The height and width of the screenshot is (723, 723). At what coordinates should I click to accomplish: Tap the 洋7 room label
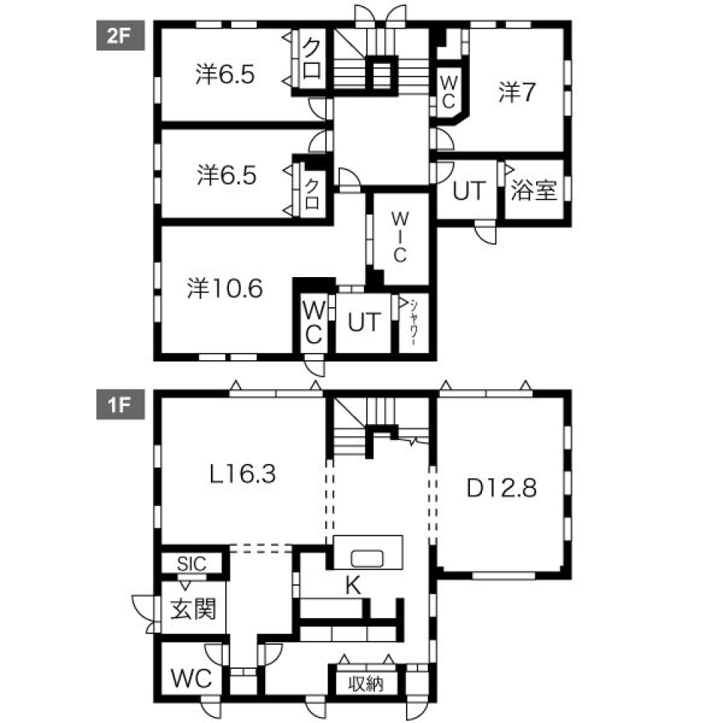[x=517, y=92]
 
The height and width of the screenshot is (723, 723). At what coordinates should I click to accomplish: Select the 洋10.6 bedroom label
[x=224, y=289]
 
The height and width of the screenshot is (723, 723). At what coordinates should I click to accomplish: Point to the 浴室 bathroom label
[x=534, y=191]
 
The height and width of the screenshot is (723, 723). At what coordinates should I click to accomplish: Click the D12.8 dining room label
[x=501, y=488]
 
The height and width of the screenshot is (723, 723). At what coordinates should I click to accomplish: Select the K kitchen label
[x=351, y=584]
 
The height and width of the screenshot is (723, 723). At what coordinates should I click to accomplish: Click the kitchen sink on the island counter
[x=368, y=558]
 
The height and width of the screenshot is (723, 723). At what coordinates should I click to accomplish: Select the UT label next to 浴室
[x=471, y=191]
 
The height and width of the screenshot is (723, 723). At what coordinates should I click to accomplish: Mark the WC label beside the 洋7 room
[x=447, y=91]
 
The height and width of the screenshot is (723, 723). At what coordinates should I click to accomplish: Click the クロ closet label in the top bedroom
[x=313, y=59]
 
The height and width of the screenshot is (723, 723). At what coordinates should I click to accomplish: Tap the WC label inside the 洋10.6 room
[x=313, y=322]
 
